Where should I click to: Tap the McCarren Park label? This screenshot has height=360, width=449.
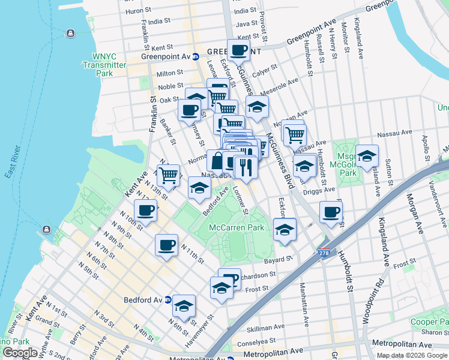click(x=237, y=228)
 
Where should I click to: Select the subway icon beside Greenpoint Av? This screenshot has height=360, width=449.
click(x=196, y=57)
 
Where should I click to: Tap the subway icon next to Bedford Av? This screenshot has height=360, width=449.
click(x=168, y=299)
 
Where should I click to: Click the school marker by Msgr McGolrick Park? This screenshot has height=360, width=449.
click(x=367, y=156)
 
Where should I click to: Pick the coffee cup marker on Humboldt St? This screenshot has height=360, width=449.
click(x=331, y=211)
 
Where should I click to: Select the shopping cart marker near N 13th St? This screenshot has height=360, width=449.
click(x=169, y=175)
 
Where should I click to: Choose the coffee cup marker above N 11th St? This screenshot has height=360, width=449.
click(x=166, y=244)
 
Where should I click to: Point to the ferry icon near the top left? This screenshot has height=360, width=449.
click(x=70, y=33)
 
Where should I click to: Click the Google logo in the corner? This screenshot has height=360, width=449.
click(x=20, y=353)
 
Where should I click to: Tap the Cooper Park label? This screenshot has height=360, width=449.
click(x=429, y=322)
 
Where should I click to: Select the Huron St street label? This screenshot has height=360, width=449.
click(x=137, y=11)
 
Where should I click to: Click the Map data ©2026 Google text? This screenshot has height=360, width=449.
click(x=412, y=355)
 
